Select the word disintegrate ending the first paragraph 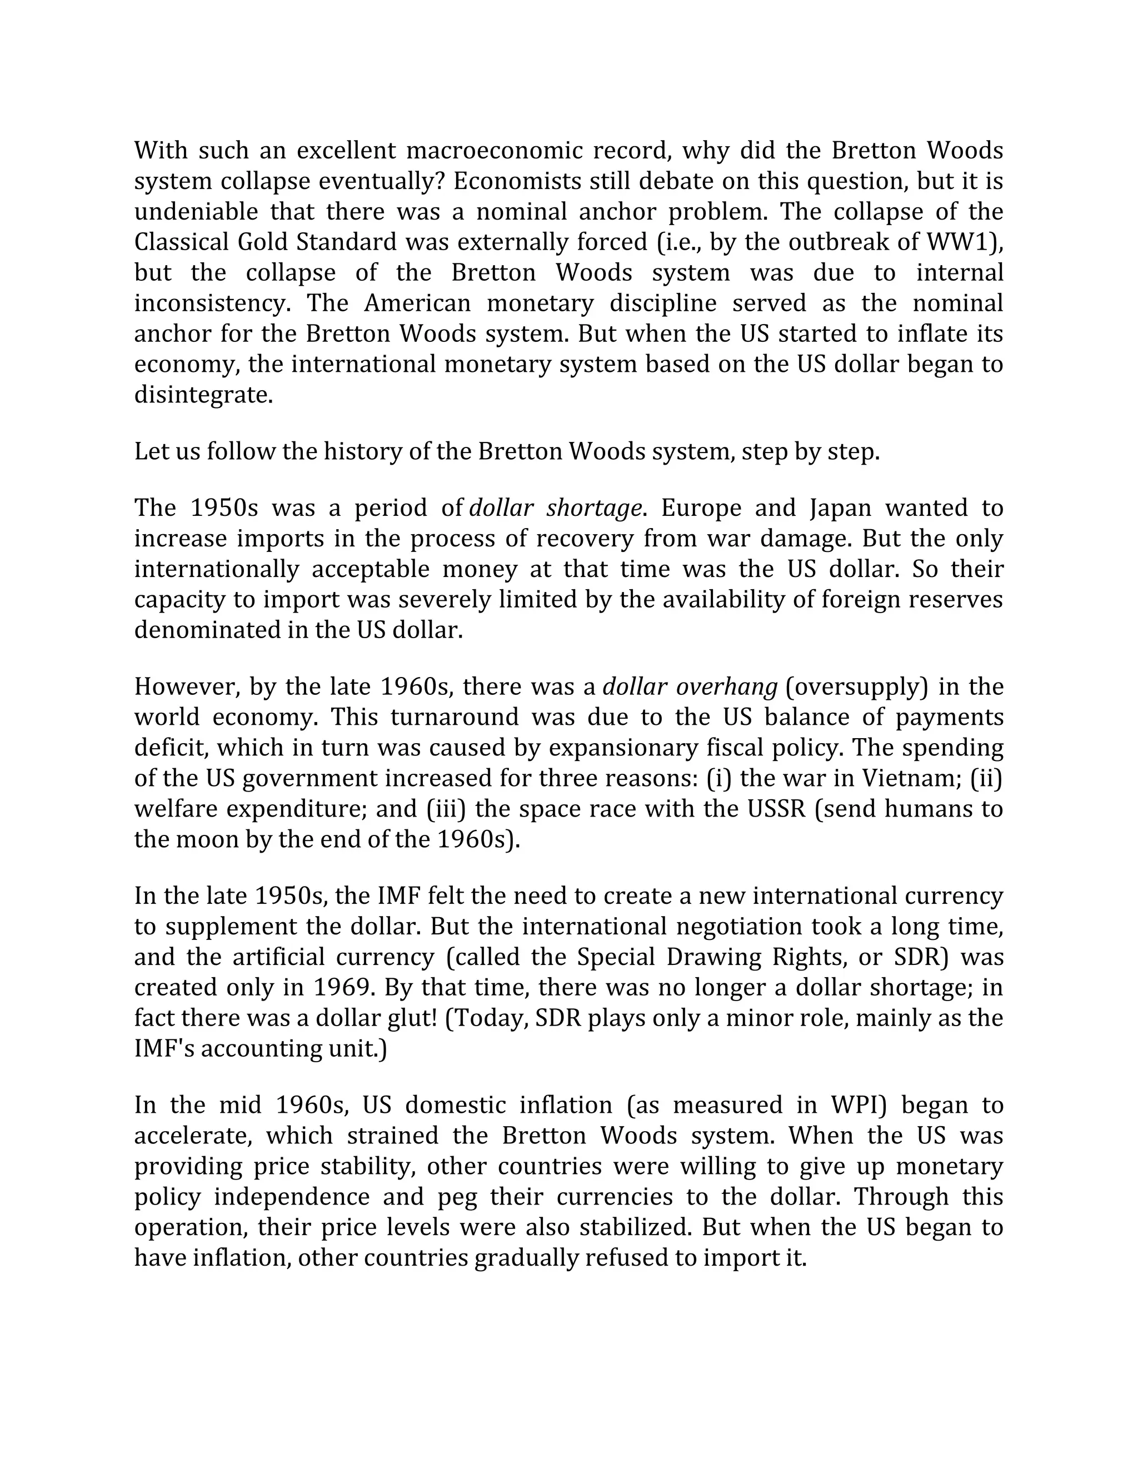203,395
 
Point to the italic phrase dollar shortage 554,508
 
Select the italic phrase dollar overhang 690,686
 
